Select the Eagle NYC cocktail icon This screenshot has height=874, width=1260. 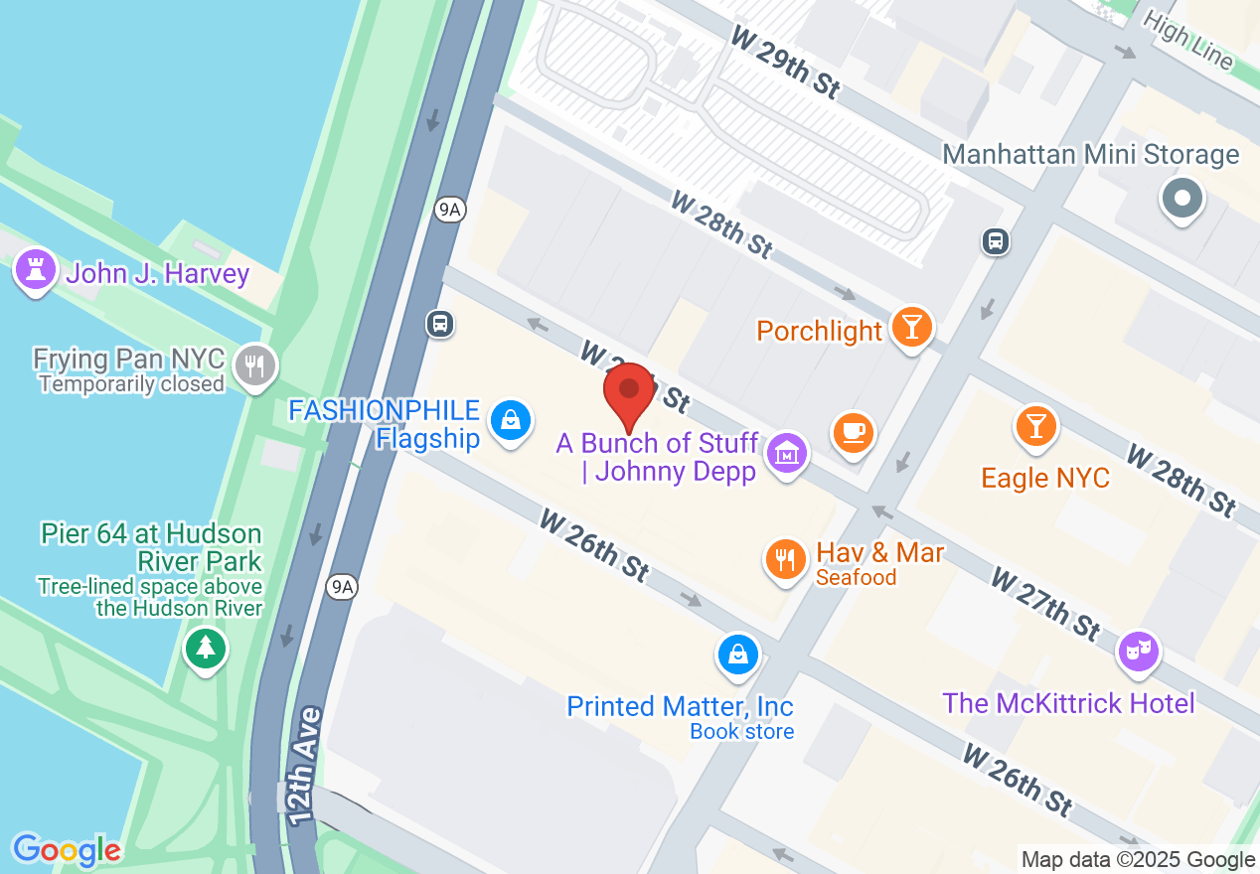1036,426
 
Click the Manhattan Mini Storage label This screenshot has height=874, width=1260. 1090,155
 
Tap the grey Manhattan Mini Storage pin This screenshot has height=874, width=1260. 1181,198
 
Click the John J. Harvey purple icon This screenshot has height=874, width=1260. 36,269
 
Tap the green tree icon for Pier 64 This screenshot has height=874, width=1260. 206,648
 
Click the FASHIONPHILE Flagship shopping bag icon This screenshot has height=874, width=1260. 511,420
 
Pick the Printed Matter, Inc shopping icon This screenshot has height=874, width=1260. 738,655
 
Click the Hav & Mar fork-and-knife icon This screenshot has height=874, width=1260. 785,558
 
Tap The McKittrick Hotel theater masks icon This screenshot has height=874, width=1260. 1140,651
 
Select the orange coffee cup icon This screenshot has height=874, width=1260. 854,432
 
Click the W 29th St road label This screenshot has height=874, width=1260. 785,62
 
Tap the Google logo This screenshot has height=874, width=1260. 67,850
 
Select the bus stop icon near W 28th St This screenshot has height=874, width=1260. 996,240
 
